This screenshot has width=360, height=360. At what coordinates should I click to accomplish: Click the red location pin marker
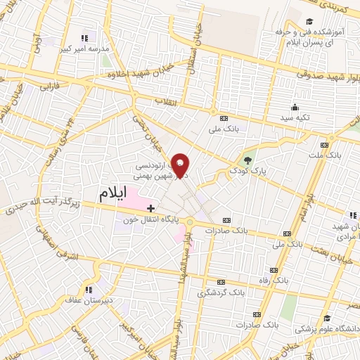pos(181,165)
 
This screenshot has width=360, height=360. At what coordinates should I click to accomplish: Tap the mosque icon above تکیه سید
pos(295,108)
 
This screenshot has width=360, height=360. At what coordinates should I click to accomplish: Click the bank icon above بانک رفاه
pos(274,270)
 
